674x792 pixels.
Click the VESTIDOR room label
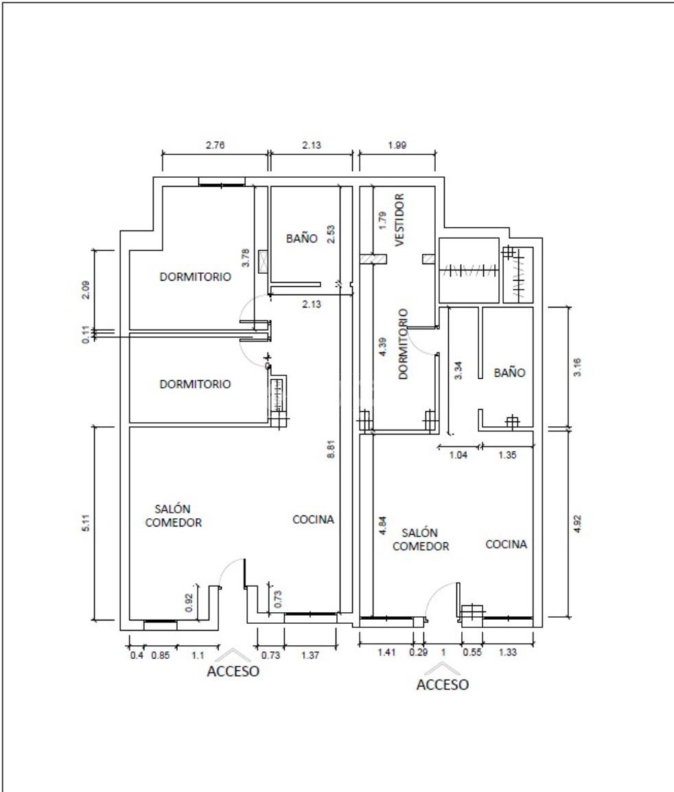399,220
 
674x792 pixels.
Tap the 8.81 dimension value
331,449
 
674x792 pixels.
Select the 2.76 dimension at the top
215,145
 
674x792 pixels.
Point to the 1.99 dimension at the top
397,145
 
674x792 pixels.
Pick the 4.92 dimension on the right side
578,524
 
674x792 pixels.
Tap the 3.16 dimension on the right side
578,366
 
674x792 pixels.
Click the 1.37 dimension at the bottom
310,655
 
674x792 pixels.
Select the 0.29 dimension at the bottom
419,652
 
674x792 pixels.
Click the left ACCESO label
233,671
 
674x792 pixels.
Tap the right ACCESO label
442,684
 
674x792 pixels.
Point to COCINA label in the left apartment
313,520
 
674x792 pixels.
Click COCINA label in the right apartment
507,544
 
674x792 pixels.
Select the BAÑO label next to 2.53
301,238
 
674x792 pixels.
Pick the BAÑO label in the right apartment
509,373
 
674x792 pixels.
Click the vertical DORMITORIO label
403,344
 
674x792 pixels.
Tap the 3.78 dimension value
246,257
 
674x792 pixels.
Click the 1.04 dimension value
458,454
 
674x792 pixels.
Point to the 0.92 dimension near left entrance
189,603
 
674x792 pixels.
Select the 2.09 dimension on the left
85,290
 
